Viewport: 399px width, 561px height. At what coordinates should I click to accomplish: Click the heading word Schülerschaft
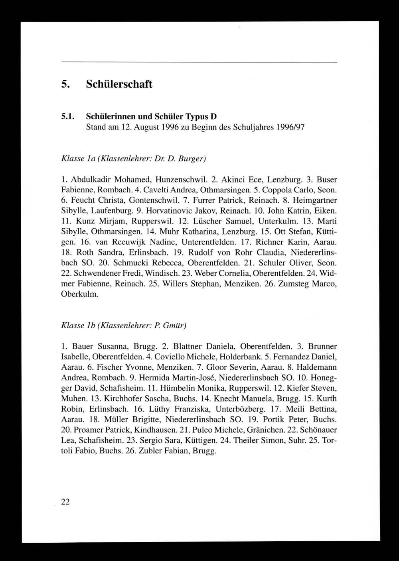click(x=119, y=84)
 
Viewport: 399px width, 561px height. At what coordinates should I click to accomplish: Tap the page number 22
click(x=65, y=502)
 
